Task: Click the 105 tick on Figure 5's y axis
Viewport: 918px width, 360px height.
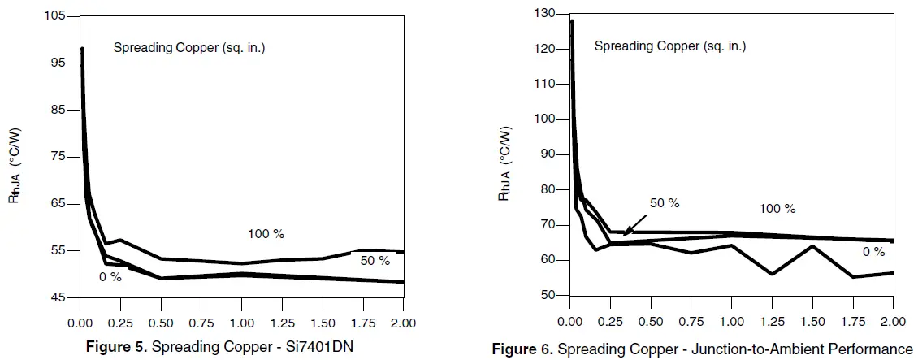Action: tap(57, 16)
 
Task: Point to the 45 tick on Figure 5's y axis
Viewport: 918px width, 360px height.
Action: tap(58, 297)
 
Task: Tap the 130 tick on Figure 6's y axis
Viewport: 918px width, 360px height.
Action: tap(543, 14)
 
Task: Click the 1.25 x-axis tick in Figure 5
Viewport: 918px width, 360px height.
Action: tap(282, 323)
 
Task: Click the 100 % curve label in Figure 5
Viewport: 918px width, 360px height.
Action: tap(266, 234)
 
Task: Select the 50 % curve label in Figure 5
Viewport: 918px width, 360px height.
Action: tap(375, 261)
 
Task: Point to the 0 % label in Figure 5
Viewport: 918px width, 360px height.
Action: tap(110, 277)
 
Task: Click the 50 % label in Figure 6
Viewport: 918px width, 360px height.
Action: tap(664, 202)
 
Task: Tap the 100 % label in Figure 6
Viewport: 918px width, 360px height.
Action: tap(777, 209)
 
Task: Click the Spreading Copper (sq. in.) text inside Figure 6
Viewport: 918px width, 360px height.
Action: tap(669, 46)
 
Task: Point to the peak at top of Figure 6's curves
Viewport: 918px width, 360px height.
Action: tap(571, 21)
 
